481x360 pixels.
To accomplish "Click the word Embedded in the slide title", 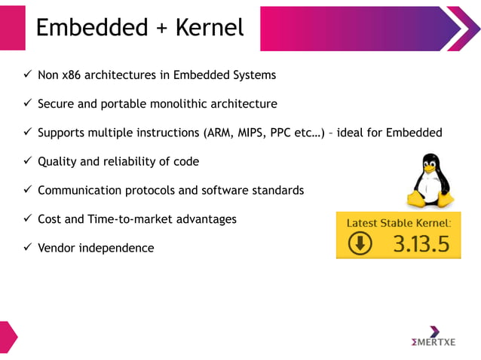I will pos(91,28).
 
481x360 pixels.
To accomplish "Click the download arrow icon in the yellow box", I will pos(360,244).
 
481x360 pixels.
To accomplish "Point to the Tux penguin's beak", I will pos(429,170).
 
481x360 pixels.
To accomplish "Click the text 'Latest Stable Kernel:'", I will pos(399,223).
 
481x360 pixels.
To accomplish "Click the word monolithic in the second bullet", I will pos(178,104).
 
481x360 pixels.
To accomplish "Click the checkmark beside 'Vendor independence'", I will pos(27,248).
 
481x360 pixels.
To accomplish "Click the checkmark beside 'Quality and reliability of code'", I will pos(27,161).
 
